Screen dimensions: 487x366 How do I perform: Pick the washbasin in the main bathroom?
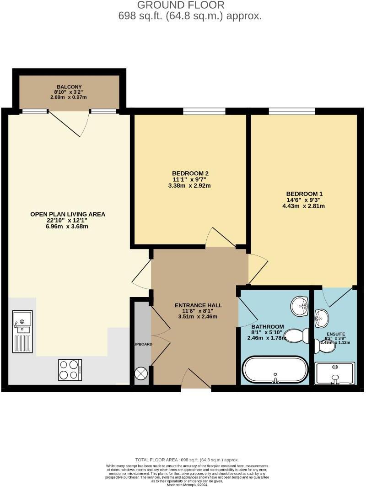(300, 305)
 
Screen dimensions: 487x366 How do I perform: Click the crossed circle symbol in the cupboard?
(140, 373)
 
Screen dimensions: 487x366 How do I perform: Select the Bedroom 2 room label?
(190, 173)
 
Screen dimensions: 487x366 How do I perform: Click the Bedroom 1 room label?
(305, 194)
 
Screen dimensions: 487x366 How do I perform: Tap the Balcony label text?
(69, 87)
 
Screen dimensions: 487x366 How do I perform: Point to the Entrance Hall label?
(199, 305)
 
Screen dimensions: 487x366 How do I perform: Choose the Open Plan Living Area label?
(68, 214)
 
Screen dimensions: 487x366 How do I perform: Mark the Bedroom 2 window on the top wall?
(204, 111)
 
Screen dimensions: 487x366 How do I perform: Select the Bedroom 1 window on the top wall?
(291, 111)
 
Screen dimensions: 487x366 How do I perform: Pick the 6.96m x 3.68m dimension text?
(68, 227)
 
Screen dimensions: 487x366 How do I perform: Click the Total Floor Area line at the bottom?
(187, 460)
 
